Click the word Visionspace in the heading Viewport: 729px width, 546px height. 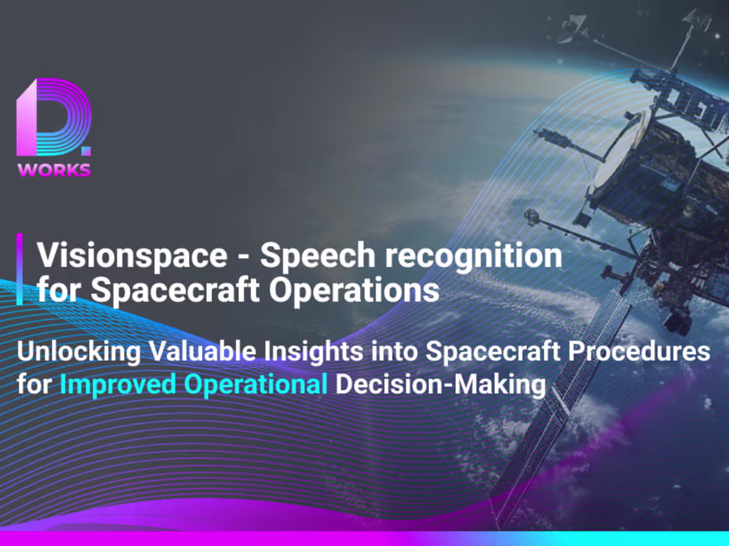pos(131,255)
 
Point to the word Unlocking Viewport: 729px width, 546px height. pos(78,351)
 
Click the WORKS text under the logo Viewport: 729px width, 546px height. pos(54,170)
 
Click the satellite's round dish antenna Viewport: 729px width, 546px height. pos(620,156)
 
